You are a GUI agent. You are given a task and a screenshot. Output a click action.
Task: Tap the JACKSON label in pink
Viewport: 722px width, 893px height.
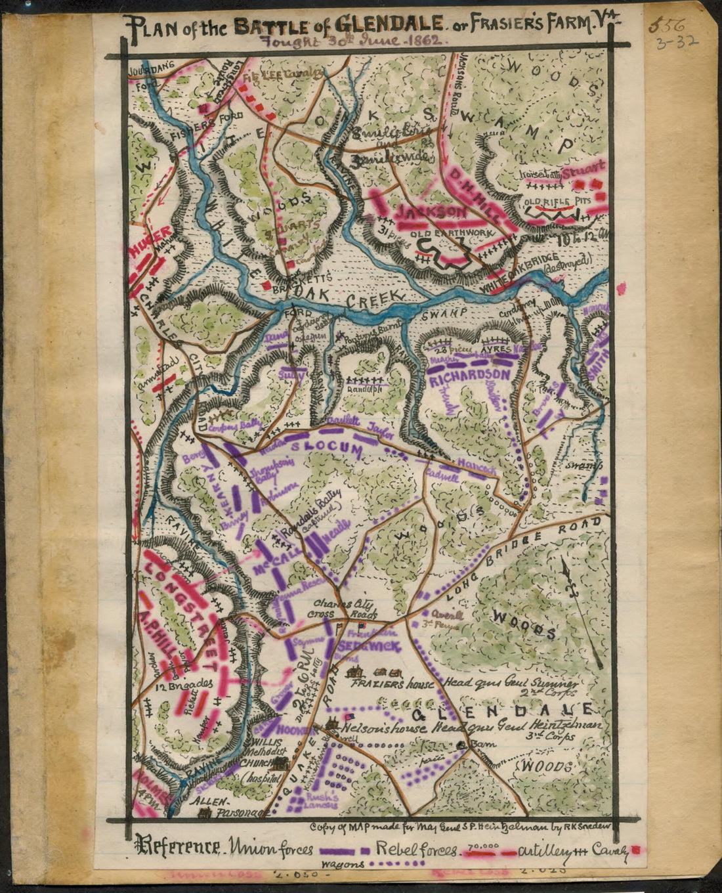pos(431,211)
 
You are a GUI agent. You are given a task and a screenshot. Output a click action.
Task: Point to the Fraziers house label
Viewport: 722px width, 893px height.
pos(392,684)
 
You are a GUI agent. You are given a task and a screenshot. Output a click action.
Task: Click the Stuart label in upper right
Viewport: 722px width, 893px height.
pos(584,169)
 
